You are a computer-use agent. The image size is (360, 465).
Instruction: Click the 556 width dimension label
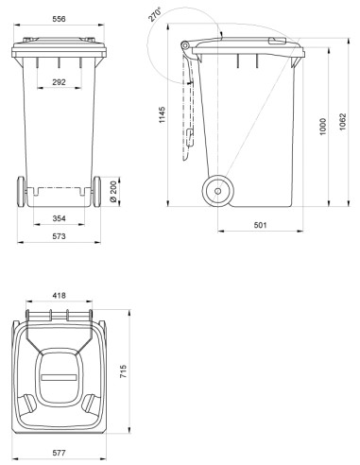coord(59,19)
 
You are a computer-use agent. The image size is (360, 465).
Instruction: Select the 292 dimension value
coord(59,82)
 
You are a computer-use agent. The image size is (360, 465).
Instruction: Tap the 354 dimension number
coord(59,218)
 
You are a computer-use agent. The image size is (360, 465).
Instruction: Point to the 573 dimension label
coord(59,236)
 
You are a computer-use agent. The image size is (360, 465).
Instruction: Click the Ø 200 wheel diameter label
coord(113,192)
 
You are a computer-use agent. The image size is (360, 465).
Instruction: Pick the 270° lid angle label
coord(155,14)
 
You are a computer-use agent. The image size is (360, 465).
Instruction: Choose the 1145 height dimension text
coord(162,115)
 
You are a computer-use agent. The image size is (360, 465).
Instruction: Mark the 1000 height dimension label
coord(323,127)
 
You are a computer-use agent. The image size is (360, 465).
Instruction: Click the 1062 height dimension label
coord(342,122)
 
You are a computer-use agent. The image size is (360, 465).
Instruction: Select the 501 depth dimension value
coord(260,225)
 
